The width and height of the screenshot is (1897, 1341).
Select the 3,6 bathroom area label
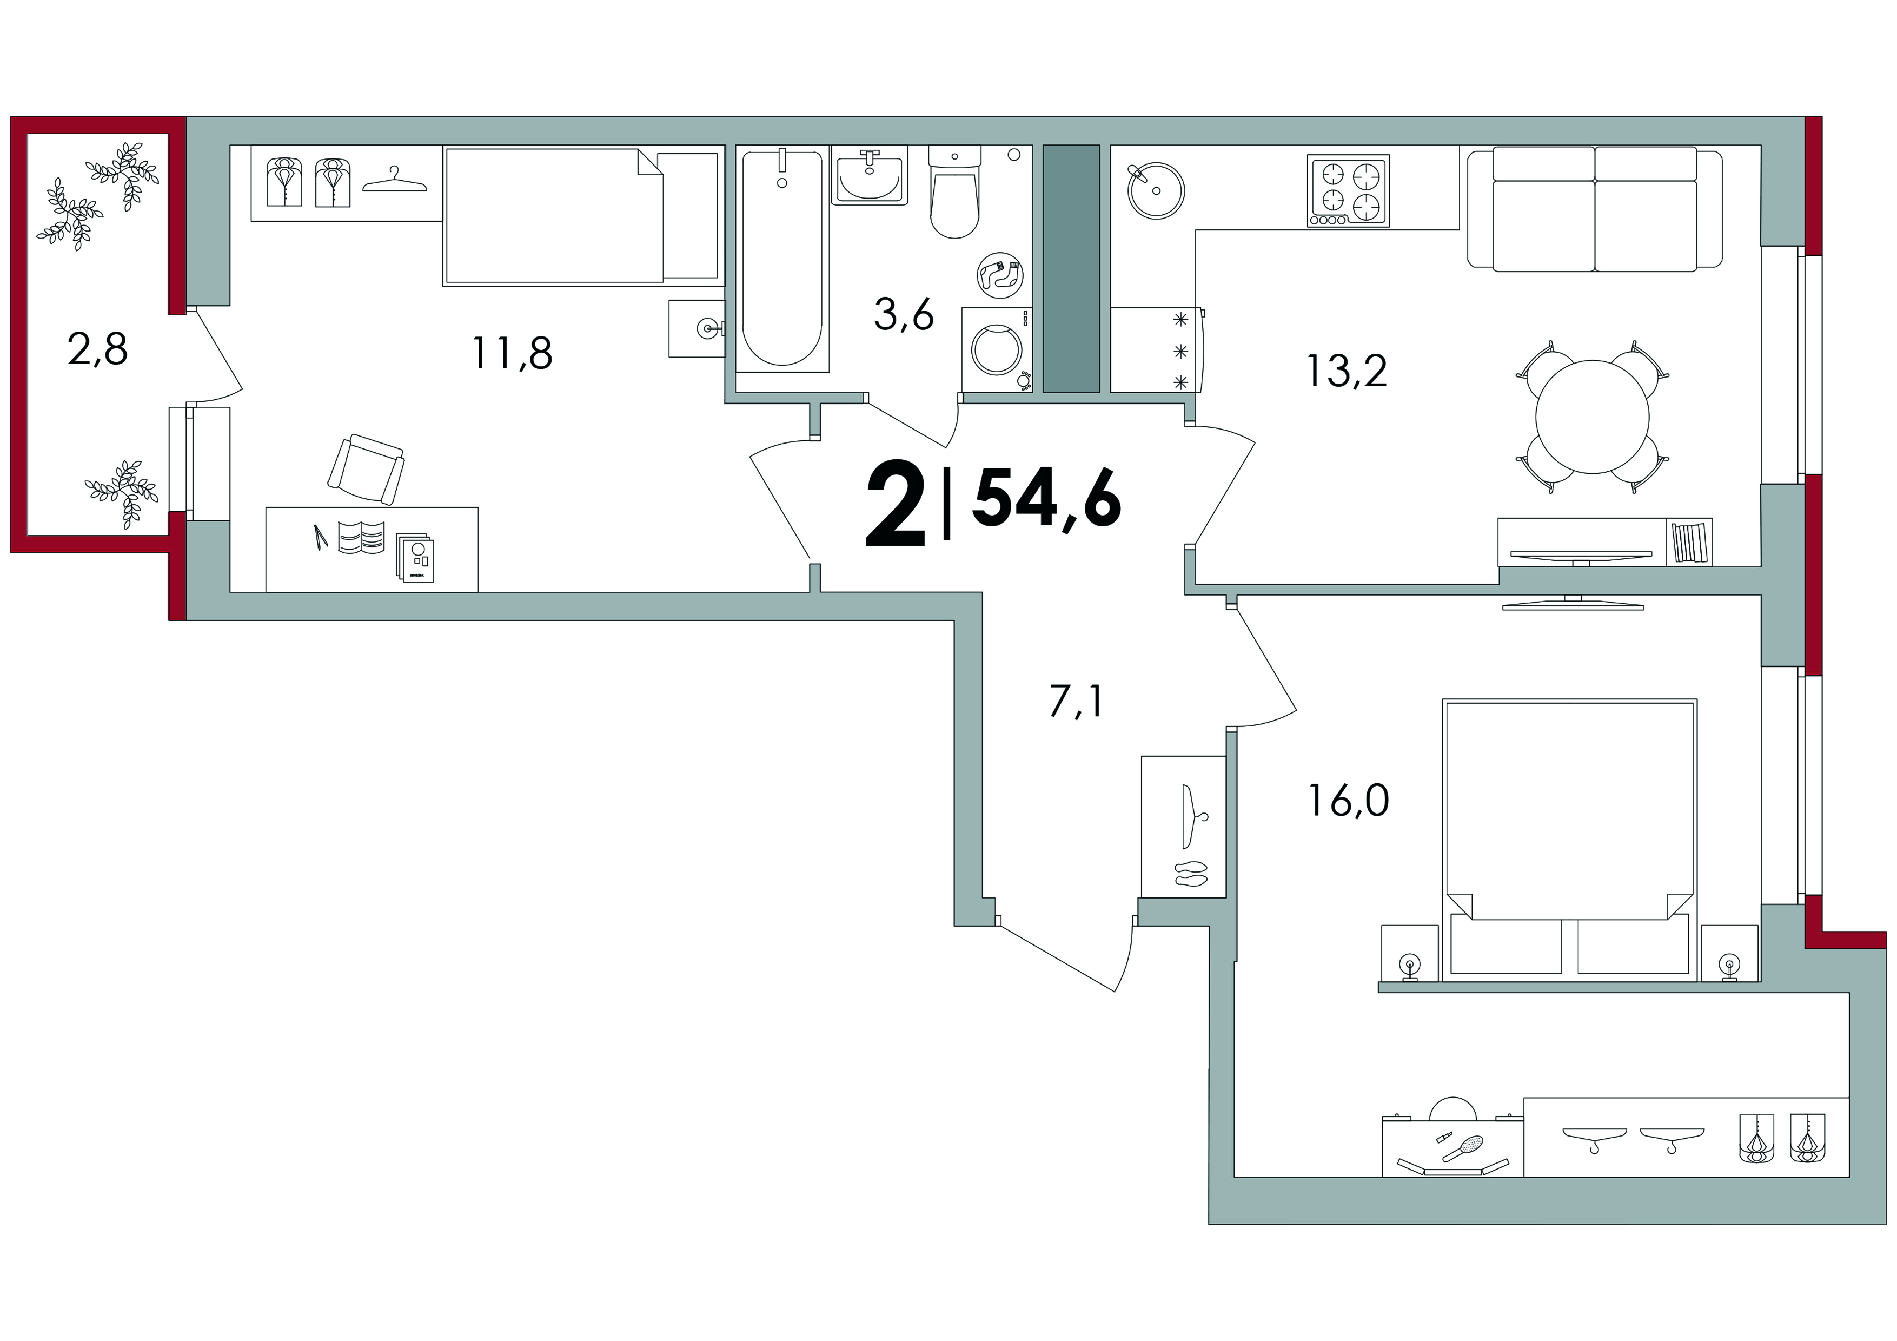[x=904, y=315]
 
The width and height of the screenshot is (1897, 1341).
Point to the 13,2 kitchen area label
[x=1347, y=371]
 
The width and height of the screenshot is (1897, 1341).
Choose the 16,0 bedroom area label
[x=1348, y=801]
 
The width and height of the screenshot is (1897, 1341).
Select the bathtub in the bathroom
[x=782, y=260]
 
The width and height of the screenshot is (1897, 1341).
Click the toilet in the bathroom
[x=954, y=191]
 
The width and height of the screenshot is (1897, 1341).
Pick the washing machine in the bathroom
[x=997, y=349]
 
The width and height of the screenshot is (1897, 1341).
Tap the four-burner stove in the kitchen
[x=1348, y=191]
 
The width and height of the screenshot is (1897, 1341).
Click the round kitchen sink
[x=1156, y=190]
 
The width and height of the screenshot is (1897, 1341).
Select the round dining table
[x=1592, y=417]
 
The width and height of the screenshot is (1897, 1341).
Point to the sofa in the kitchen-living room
[x=1595, y=209]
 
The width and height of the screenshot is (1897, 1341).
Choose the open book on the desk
[x=361, y=537]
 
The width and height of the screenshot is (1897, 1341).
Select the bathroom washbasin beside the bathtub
[x=869, y=176]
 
